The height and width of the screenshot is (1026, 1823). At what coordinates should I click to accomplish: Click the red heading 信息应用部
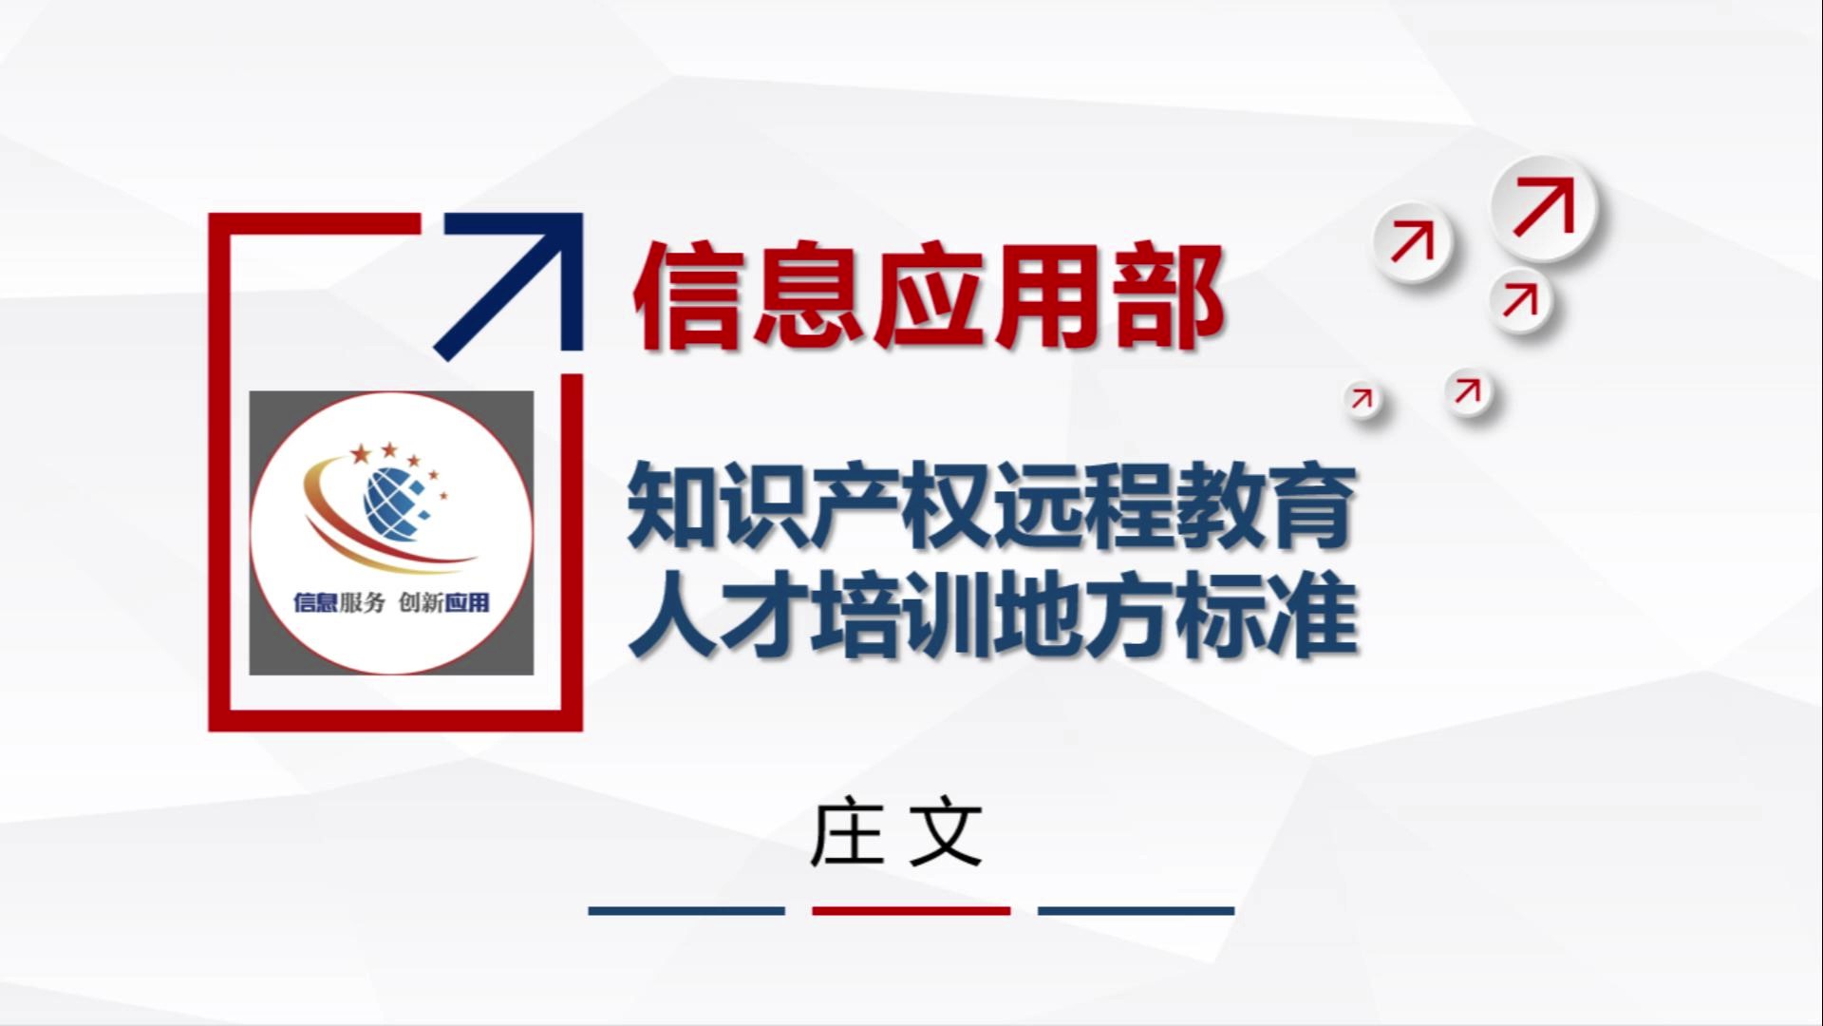[x=928, y=296]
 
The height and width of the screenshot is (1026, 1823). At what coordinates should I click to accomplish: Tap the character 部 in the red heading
[x=1169, y=296]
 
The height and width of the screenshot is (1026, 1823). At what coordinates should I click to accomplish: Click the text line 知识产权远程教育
[x=991, y=504]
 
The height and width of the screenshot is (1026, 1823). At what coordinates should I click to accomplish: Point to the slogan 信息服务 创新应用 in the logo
[x=391, y=602]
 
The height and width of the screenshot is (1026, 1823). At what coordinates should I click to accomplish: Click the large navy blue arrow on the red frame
[x=509, y=285]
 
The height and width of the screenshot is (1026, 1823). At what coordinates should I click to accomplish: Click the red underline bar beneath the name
[x=911, y=910]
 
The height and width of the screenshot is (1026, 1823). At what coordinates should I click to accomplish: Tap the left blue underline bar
[x=686, y=910]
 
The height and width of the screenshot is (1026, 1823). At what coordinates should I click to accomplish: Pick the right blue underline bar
[x=1137, y=910]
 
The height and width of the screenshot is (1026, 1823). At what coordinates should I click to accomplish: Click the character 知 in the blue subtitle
[x=671, y=504]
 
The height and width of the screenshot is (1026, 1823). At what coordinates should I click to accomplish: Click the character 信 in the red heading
[x=687, y=296]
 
